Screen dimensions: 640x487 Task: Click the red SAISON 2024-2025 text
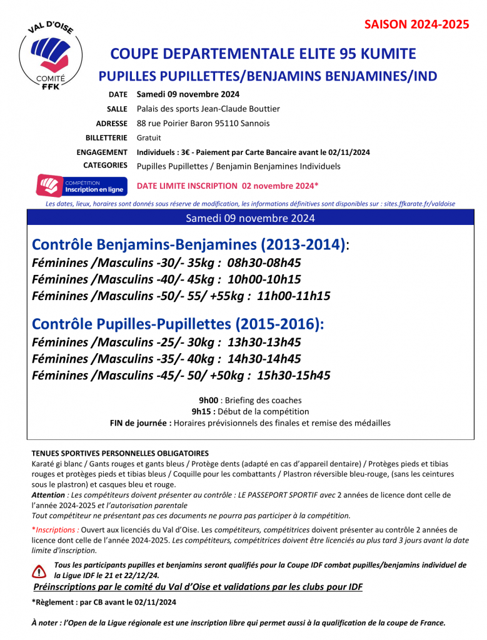(x=417, y=25)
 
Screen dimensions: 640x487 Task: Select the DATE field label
(x=118, y=95)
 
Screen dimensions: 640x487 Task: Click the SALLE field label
(x=118, y=109)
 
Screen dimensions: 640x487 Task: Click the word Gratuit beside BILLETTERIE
(x=149, y=137)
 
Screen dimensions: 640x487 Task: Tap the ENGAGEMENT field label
(x=102, y=152)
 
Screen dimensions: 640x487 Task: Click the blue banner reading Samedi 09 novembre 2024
(x=251, y=218)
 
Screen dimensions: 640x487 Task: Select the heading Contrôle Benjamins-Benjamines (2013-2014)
(x=188, y=244)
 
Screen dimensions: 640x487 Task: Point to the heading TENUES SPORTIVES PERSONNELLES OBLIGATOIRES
(x=120, y=453)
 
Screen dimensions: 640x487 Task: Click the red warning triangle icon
(x=39, y=570)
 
